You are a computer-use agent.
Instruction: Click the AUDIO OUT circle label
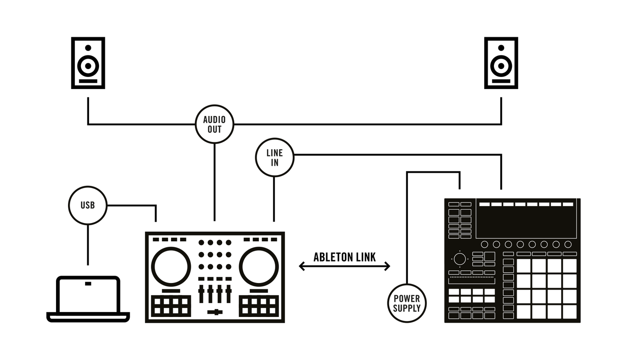[x=215, y=124]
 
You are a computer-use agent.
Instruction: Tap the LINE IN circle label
[x=275, y=157]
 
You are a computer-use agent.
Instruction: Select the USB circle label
[x=88, y=206]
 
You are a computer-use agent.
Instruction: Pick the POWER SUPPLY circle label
[x=407, y=303]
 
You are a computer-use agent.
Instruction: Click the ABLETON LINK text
[x=344, y=257]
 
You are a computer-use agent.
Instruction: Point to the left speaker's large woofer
[x=88, y=66]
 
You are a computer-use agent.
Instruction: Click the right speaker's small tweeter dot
[x=501, y=48]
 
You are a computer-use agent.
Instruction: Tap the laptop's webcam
[x=88, y=283]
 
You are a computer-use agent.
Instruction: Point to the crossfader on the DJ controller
[x=215, y=312]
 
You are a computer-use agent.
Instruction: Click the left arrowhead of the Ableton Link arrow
[x=301, y=266]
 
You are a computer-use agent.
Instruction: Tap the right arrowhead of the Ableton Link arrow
[x=388, y=266]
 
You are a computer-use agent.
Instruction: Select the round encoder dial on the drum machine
[x=460, y=259]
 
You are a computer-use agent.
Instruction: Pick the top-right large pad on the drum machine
[x=570, y=266]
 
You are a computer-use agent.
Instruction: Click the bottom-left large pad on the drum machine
[x=524, y=312]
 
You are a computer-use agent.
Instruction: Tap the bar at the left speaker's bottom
[x=88, y=81]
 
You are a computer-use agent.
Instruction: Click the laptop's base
[x=88, y=317]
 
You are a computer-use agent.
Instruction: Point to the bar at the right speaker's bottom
[x=501, y=81]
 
